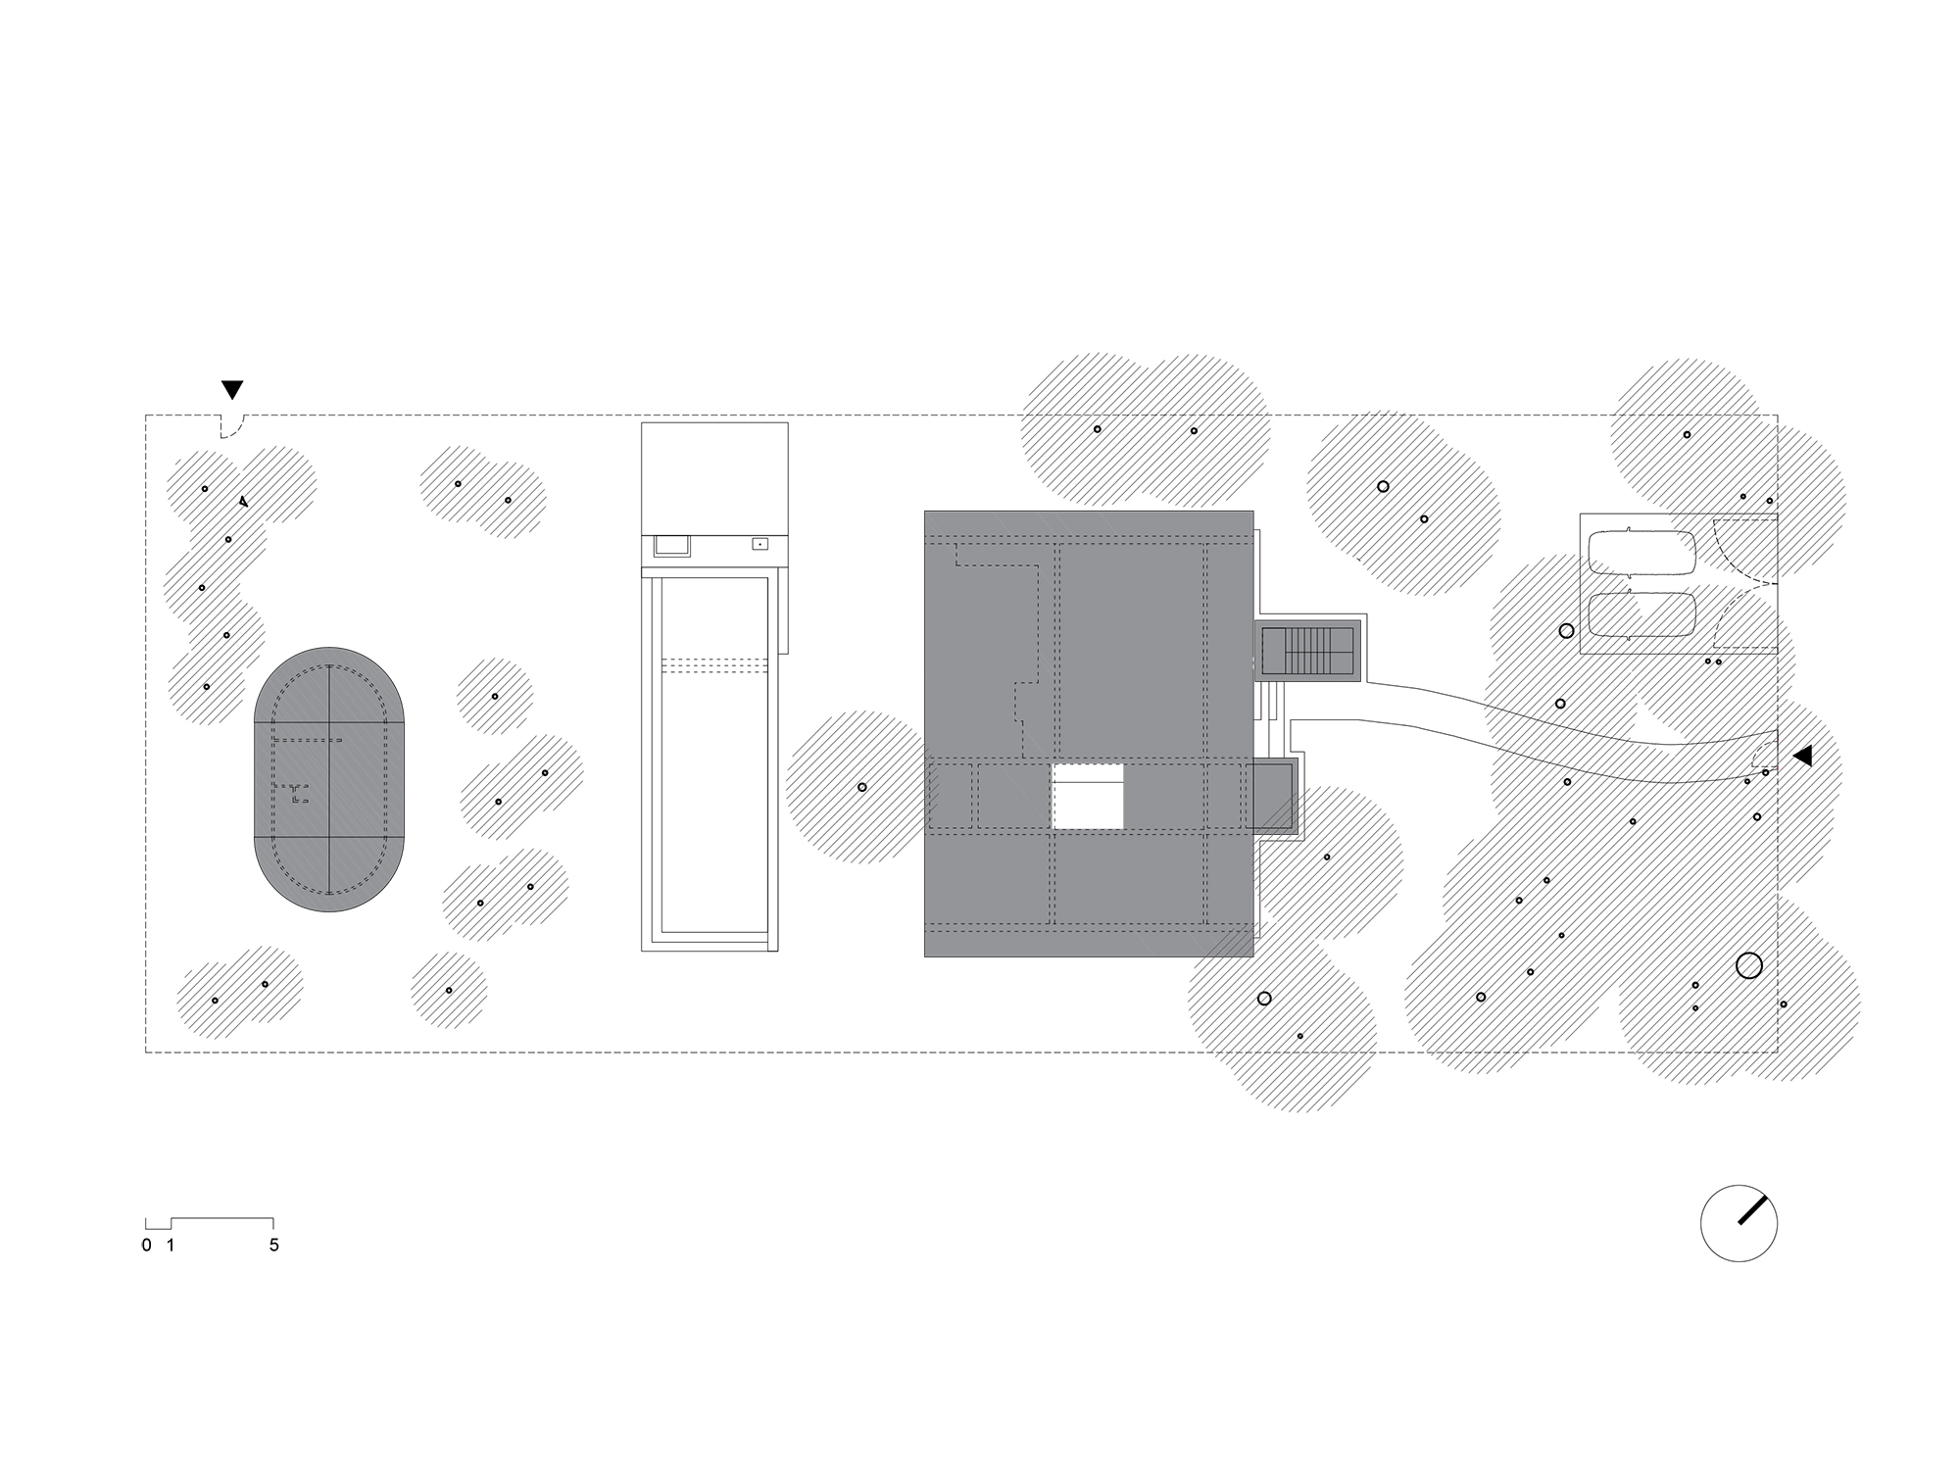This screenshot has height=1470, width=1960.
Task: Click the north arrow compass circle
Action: pos(1739,1223)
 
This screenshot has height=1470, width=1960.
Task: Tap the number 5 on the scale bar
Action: pos(274,1246)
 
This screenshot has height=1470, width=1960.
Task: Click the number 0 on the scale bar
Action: pos(147,1246)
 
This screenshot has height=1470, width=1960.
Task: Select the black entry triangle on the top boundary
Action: pos(231,390)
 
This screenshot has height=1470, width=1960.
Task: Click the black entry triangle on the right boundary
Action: pos(1801,757)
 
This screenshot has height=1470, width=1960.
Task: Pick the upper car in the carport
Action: pos(1641,554)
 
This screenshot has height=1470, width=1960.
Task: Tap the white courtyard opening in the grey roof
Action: pos(1087,797)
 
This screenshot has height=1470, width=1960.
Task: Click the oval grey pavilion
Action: pos(329,779)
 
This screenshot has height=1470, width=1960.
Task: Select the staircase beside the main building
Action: pos(1307,650)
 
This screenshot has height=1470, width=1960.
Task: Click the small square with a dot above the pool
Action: pos(759,544)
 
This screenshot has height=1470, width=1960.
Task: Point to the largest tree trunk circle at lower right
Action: pos(1748,966)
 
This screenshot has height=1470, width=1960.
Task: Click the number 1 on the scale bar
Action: pos(171,1246)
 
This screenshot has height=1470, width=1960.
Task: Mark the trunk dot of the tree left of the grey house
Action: pos(862,787)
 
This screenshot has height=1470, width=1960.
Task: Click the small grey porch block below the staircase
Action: pos(1272,797)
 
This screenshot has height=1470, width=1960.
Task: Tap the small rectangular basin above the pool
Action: pos(673,546)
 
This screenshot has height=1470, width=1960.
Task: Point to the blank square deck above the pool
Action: pos(714,479)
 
